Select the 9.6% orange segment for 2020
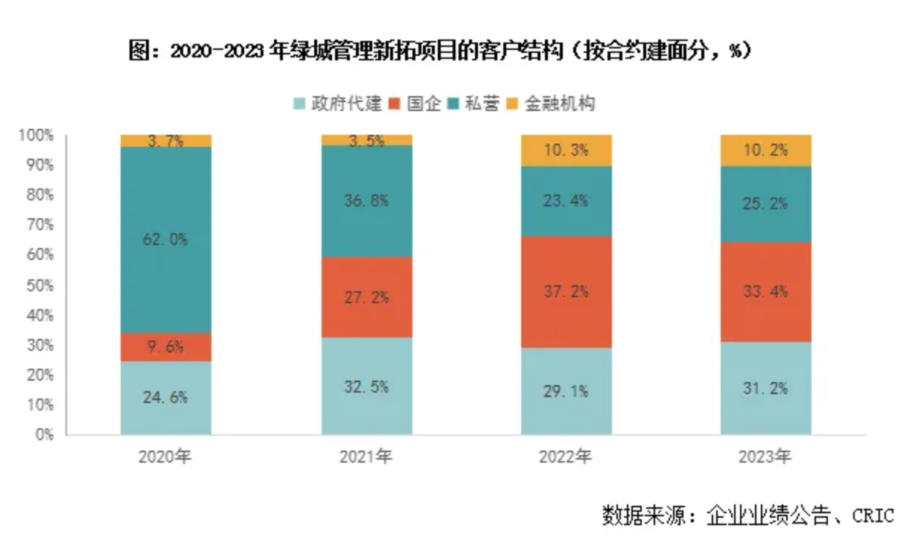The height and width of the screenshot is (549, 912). click(166, 346)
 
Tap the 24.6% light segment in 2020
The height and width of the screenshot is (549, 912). click(166, 397)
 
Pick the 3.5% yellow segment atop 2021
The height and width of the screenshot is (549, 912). click(366, 140)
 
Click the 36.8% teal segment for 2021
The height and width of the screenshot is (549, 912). click(366, 201)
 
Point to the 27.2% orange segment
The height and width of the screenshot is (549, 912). click(366, 297)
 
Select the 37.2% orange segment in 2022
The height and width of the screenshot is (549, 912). click(567, 291)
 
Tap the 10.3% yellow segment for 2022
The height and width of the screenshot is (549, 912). click(567, 150)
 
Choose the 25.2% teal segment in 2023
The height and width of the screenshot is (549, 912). click(766, 203)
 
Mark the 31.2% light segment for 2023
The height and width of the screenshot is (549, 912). click(766, 388)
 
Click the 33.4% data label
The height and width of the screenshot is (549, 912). click(766, 291)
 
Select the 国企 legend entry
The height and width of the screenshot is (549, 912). click(417, 104)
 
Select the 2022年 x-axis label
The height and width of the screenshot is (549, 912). click(567, 457)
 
